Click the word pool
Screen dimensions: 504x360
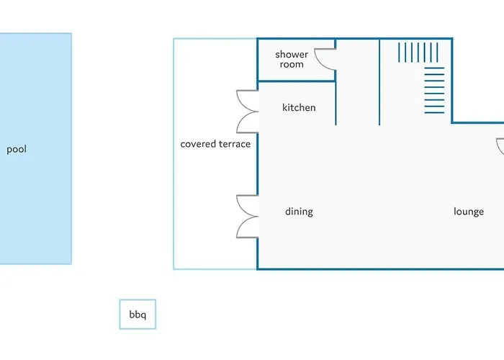(x=17, y=150)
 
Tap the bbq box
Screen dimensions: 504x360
(x=138, y=314)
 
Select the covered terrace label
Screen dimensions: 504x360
(x=215, y=144)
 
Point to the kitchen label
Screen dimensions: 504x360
(x=299, y=107)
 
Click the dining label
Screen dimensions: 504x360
(x=299, y=212)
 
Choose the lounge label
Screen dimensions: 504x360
(x=469, y=212)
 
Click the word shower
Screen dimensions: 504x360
(x=292, y=54)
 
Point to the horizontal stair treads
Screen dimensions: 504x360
(x=434, y=90)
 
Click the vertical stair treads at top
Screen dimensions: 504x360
(x=418, y=53)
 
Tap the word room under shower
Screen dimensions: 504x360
(x=292, y=64)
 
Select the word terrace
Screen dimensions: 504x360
(x=234, y=144)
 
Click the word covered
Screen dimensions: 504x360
(x=197, y=144)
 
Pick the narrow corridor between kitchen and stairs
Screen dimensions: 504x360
(x=358, y=82)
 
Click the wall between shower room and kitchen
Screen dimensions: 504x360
(x=297, y=81)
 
